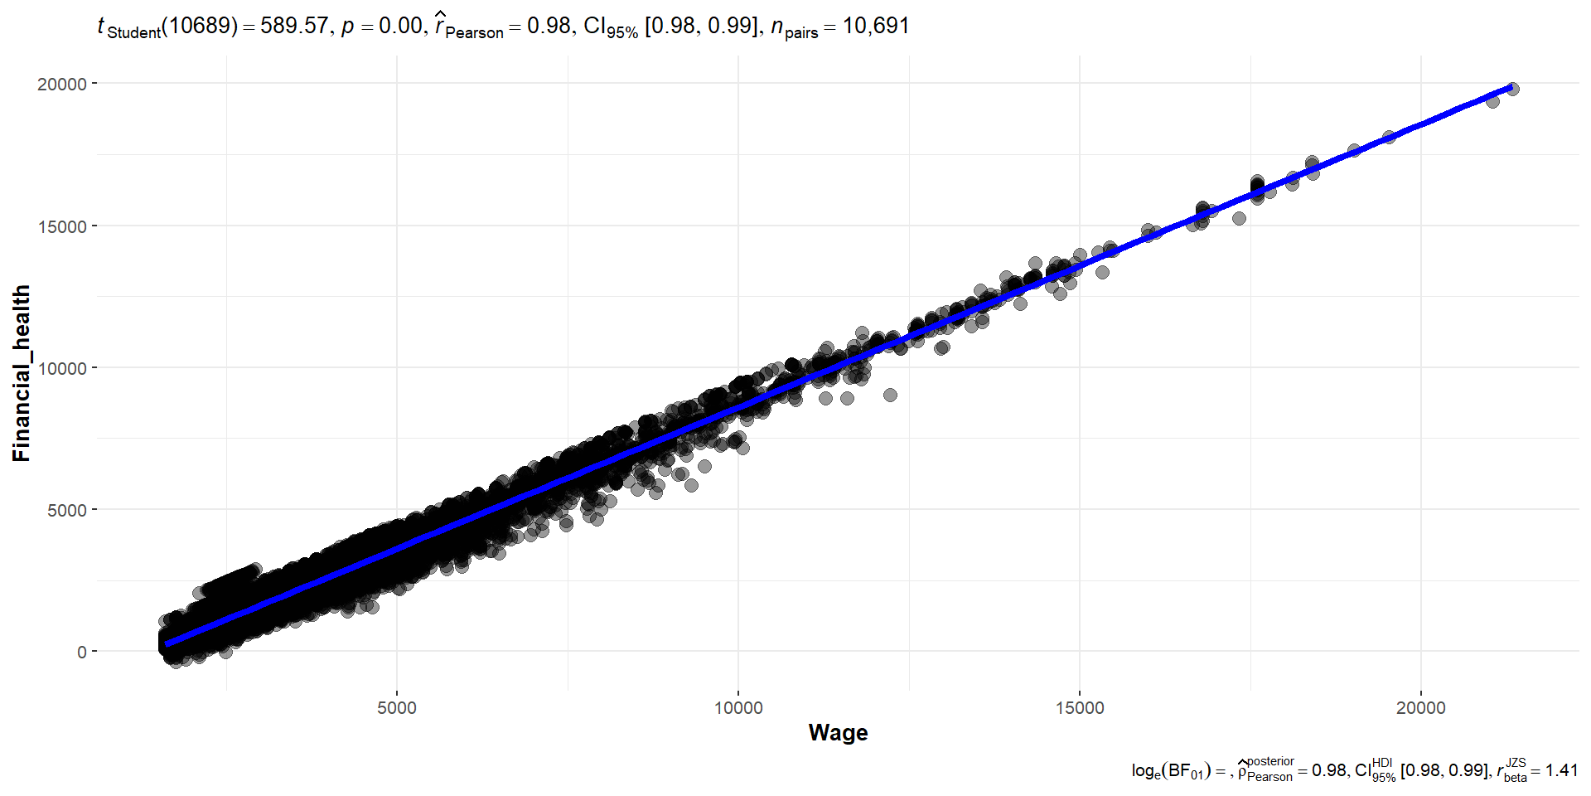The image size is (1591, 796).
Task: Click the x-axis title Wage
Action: tap(838, 733)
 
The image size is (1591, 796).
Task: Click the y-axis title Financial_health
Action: tap(22, 373)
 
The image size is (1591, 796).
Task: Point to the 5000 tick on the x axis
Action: tap(396, 708)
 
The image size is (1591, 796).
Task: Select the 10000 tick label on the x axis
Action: tap(737, 708)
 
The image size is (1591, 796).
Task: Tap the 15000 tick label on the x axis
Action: tap(1079, 708)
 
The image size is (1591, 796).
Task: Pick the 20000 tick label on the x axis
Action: tap(1420, 708)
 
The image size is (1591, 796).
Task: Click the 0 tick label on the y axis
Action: tap(81, 652)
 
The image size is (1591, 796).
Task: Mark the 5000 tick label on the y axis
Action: tap(66, 510)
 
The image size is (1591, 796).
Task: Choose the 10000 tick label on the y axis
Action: tap(62, 368)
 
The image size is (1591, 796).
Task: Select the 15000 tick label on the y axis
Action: tap(62, 226)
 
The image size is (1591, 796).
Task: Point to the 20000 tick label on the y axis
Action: tap(62, 85)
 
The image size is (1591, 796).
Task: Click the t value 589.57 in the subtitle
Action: tap(294, 26)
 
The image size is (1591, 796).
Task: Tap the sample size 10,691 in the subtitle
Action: tap(876, 26)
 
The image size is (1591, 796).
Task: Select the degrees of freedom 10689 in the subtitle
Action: tap(199, 26)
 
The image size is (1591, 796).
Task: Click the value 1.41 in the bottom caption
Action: tap(1561, 770)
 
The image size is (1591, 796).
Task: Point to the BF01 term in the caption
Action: tap(1185, 772)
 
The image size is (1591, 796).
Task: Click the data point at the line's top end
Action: tap(1512, 89)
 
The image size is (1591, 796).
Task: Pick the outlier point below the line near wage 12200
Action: tap(890, 395)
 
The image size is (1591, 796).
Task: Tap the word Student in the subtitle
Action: tap(133, 32)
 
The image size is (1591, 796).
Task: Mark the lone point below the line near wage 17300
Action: tap(1239, 218)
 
